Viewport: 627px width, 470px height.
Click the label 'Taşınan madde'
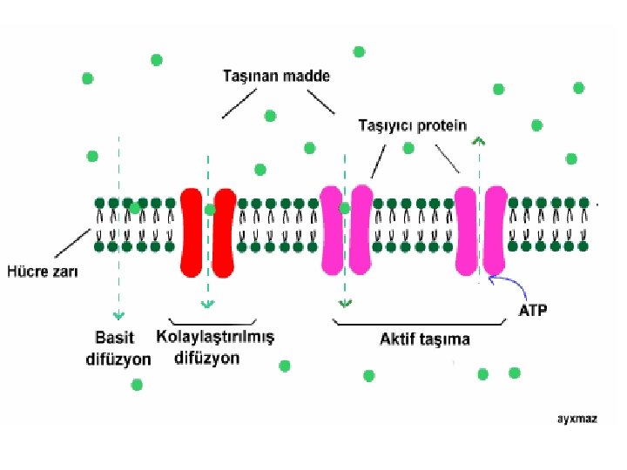tap(273, 77)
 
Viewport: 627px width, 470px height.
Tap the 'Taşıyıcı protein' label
tap(413, 126)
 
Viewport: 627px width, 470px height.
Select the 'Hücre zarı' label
tap(43, 272)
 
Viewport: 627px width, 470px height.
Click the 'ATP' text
tap(533, 310)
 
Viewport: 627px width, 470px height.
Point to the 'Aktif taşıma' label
tap(424, 339)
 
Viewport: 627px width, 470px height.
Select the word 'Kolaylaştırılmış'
tap(214, 336)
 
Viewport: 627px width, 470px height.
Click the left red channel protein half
tap(192, 232)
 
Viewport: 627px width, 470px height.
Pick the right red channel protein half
tap(224, 232)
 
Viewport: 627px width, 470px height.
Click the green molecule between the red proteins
tap(209, 210)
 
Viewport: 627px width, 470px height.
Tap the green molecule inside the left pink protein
tap(345, 209)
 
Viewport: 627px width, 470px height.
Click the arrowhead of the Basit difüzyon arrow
tap(117, 315)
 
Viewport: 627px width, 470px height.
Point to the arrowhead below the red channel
tap(207, 304)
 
